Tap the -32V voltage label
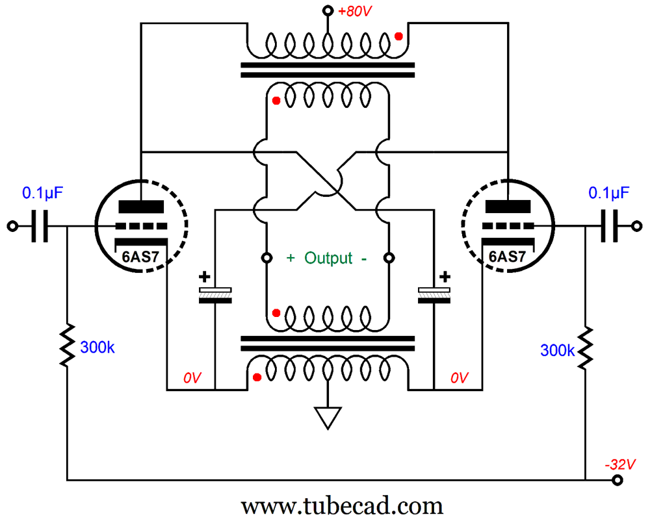[x=616, y=464]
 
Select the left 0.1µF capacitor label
[x=43, y=192]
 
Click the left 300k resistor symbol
[x=67, y=346]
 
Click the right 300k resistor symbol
[x=586, y=346]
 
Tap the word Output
[x=328, y=257]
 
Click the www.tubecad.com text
[x=342, y=505]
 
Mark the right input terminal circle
[x=638, y=227]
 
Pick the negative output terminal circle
[x=389, y=257]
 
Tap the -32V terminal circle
[x=617, y=481]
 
